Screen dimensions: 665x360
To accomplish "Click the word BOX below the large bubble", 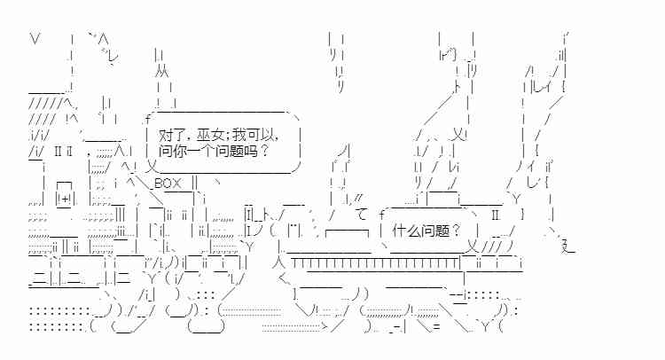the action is (168, 184).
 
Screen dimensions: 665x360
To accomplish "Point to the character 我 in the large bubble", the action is (239, 136).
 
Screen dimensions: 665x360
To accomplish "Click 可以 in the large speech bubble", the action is (261, 136).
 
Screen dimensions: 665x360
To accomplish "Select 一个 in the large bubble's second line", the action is (200, 151).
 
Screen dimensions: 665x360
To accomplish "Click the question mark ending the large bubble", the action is (264, 151).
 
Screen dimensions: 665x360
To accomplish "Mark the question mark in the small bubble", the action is (456, 231).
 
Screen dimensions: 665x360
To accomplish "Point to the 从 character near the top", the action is (161, 71).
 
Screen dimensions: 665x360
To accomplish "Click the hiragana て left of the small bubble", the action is (362, 214).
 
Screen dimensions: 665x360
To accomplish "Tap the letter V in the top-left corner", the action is (35, 39).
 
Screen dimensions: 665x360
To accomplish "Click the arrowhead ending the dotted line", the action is (325, 326).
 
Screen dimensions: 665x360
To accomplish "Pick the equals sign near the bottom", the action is (436, 327).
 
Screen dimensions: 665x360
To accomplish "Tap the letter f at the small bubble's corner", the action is (381, 214).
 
